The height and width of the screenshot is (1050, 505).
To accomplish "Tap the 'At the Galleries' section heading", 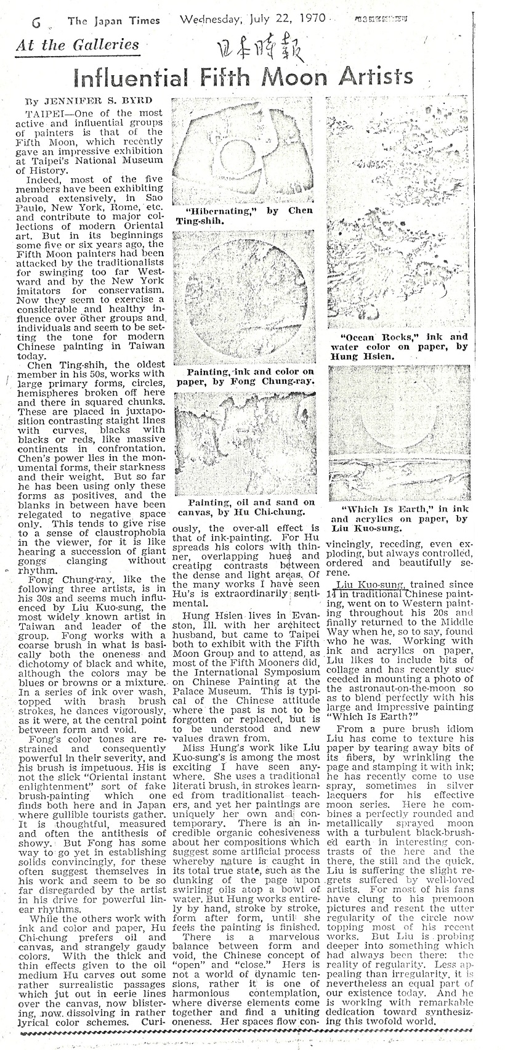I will coord(78,45).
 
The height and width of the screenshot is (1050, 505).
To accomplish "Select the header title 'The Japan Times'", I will coord(114,21).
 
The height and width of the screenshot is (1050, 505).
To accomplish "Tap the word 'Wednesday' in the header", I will coord(209,18).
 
